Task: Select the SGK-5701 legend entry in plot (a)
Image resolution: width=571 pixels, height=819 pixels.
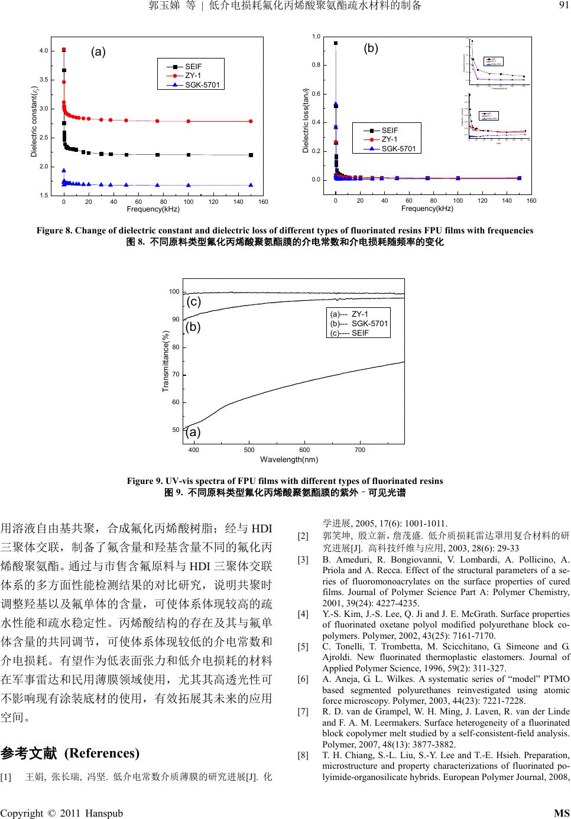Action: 202,85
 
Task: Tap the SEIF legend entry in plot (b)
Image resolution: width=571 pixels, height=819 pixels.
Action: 390,130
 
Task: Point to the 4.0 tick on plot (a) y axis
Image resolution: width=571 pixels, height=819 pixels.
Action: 44,51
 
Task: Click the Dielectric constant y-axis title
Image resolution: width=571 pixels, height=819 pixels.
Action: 35,122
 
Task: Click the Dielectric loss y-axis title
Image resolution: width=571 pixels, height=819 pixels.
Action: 306,121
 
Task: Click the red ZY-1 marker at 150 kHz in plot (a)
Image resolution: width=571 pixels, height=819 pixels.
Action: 251,121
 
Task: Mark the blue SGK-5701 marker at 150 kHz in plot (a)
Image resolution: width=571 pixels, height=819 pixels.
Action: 251,185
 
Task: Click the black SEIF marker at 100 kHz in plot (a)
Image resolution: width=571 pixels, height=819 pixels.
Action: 189,155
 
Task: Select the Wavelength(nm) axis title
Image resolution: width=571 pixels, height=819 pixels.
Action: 289,459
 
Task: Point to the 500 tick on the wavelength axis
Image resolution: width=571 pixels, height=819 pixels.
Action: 249,450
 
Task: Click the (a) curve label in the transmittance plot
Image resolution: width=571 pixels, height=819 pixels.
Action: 193,432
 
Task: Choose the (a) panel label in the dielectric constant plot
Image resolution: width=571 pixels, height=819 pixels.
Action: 98,52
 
